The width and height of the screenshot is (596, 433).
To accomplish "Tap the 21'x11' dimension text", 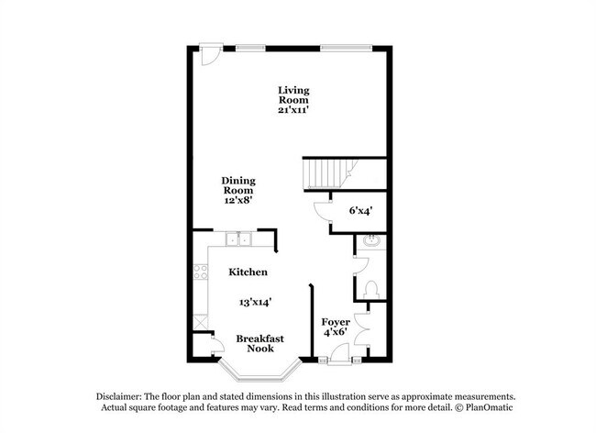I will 294,109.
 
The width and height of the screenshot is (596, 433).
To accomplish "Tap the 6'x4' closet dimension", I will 360,210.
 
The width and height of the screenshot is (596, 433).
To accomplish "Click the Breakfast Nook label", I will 259,344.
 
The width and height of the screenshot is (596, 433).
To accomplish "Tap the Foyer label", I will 335,322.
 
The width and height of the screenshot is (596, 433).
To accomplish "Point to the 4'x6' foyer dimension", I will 335,334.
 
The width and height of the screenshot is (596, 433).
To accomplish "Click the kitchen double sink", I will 237,241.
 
